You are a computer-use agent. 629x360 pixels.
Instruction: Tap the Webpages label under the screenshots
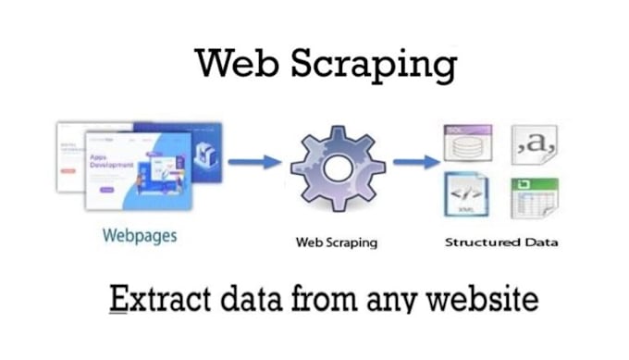(x=140, y=235)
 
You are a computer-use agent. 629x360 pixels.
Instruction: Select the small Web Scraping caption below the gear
(x=336, y=242)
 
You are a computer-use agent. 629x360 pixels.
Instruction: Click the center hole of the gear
(x=337, y=168)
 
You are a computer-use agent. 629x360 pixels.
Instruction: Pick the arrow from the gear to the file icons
(x=415, y=163)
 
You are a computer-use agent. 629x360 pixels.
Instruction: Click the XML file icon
(x=466, y=194)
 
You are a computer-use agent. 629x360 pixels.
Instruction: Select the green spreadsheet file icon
(x=535, y=196)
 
